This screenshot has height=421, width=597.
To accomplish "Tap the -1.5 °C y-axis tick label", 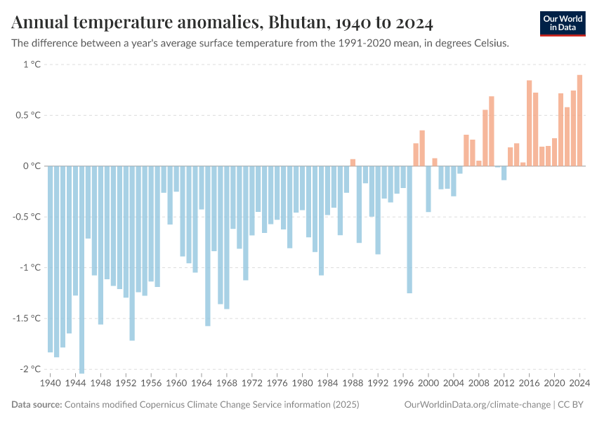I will pyautogui.click(x=28, y=319).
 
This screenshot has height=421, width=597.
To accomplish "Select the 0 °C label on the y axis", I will pyautogui.click(x=32, y=166).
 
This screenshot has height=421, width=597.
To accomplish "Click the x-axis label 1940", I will pyautogui.click(x=51, y=384).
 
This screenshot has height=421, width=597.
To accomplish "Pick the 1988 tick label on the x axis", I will pyautogui.click(x=353, y=384).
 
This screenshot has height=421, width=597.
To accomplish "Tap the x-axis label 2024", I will pyautogui.click(x=579, y=384).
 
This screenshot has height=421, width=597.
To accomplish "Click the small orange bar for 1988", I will pyautogui.click(x=353, y=163).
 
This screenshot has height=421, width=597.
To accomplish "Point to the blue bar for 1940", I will pyautogui.click(x=51, y=259).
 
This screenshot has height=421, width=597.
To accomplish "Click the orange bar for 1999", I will pyautogui.click(x=422, y=148).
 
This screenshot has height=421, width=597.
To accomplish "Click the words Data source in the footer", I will pyautogui.click(x=37, y=405).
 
